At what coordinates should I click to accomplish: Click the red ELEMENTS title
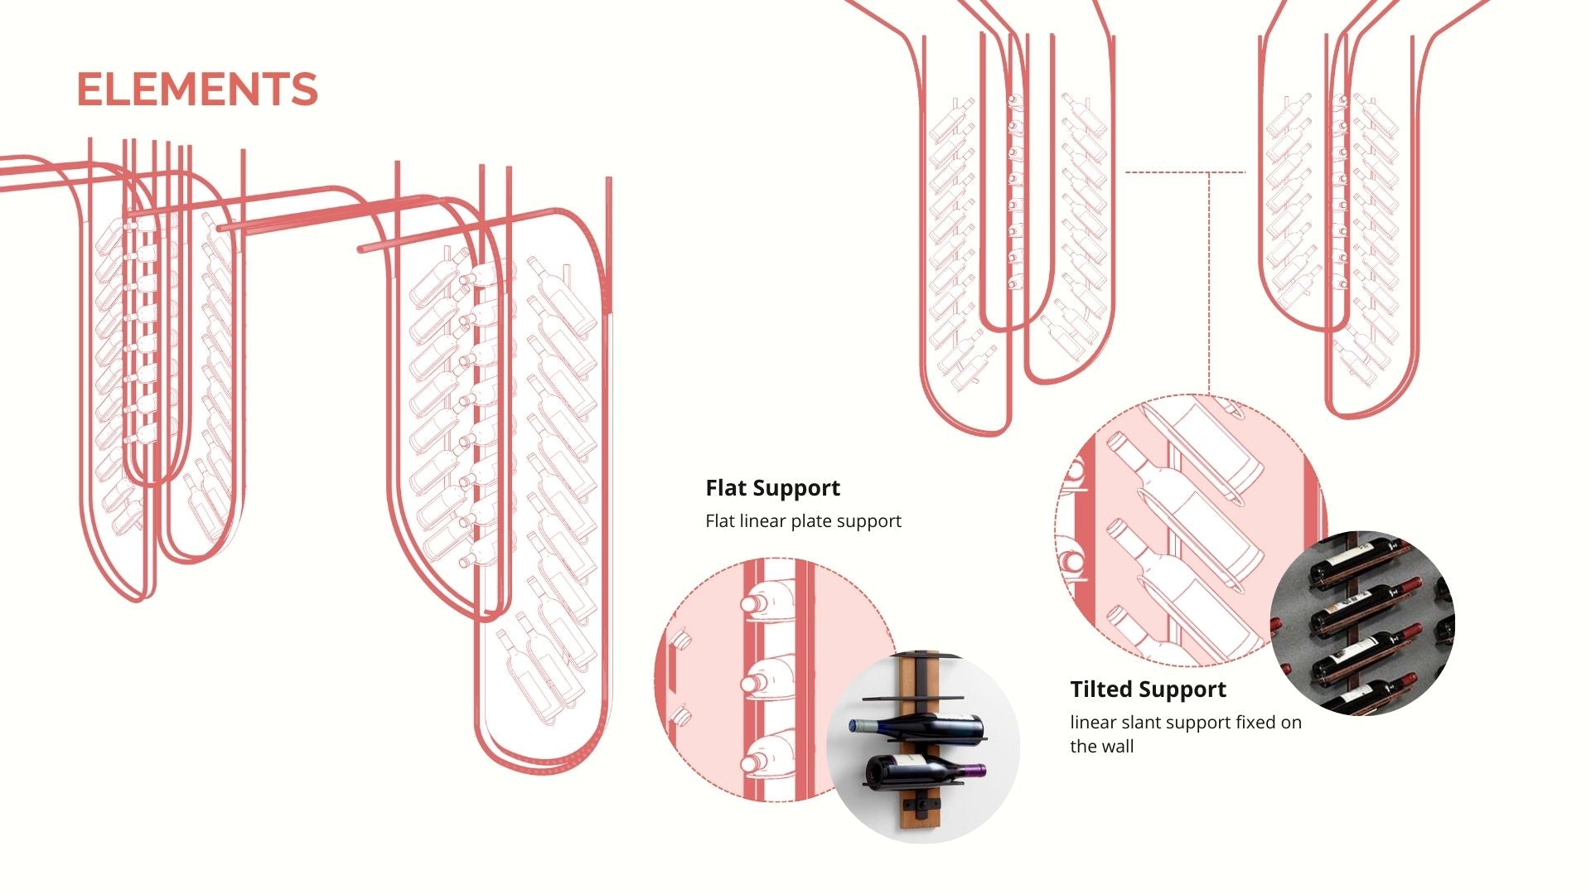(x=197, y=89)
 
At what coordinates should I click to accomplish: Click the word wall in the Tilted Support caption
(x=1118, y=747)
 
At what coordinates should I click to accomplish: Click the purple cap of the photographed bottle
(x=976, y=770)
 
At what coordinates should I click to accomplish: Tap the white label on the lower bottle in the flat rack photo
(x=910, y=760)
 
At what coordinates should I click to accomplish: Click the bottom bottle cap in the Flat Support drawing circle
(x=753, y=763)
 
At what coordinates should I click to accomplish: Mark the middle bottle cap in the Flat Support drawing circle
(x=753, y=683)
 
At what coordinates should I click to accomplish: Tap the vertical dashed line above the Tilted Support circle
(x=1209, y=282)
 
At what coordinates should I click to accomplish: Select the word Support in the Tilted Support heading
(x=1187, y=689)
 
